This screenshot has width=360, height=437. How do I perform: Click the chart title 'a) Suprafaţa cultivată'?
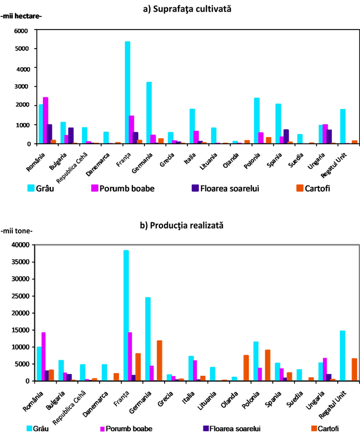coord(180,9)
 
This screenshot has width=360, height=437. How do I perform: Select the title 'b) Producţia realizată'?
coord(181,225)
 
